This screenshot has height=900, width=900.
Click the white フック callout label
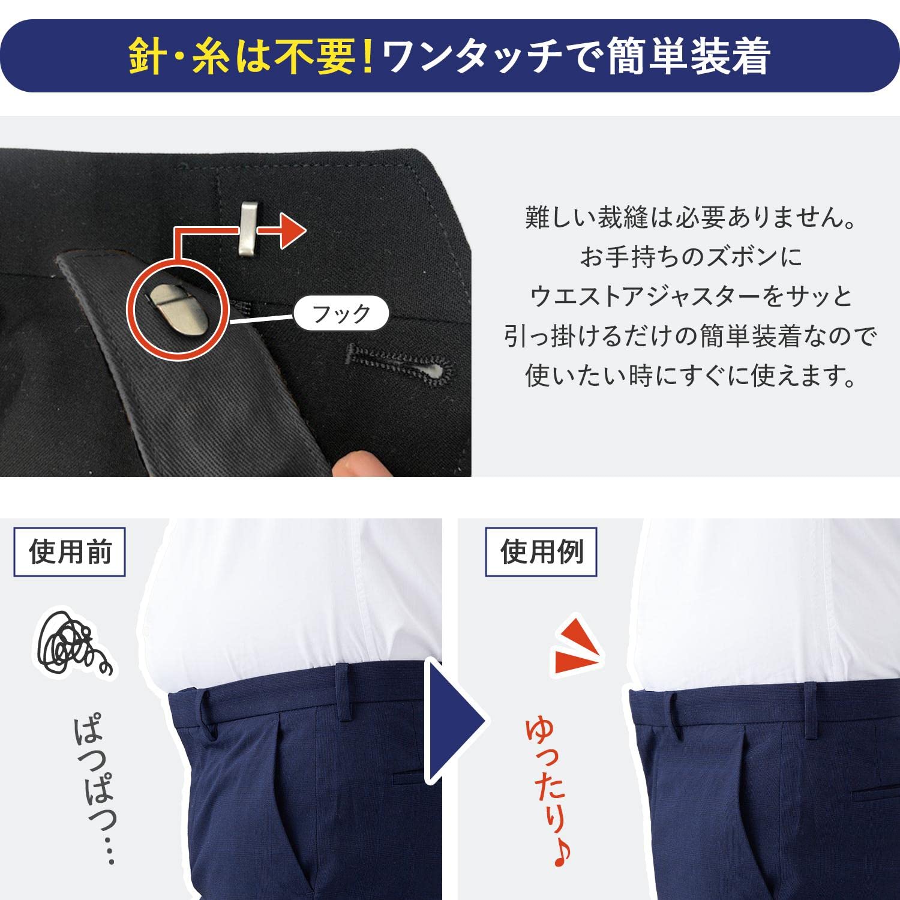click(341, 313)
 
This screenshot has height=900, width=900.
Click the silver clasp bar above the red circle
click(247, 229)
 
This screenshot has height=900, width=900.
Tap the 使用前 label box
click(70, 552)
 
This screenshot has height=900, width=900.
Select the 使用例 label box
click(541, 552)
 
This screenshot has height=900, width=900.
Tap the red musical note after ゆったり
click(562, 854)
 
